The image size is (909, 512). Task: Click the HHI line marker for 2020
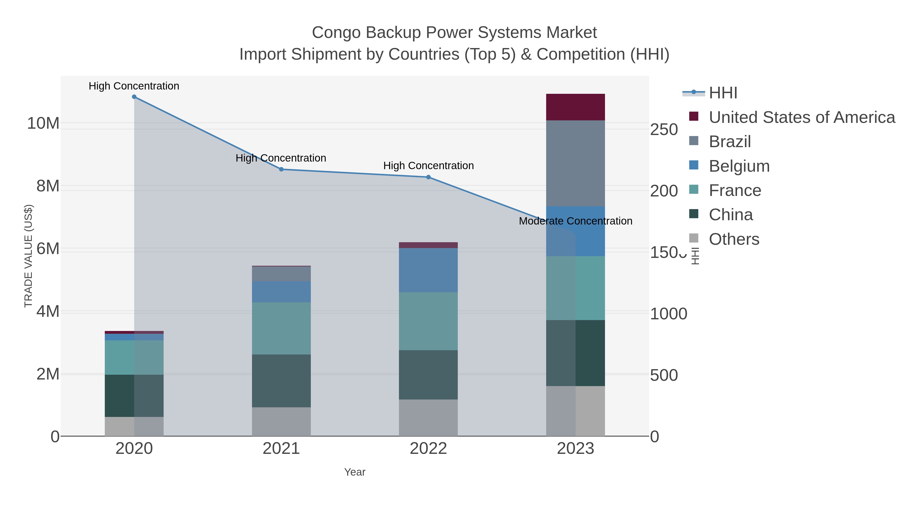pyautogui.click(x=134, y=97)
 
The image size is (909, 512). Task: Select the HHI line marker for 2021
pyautogui.click(x=281, y=169)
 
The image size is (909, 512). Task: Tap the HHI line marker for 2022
pyautogui.click(x=428, y=177)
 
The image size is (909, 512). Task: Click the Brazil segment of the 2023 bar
pyautogui.click(x=575, y=163)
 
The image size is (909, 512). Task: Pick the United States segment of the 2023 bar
pyautogui.click(x=575, y=107)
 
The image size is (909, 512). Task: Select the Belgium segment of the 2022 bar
pyautogui.click(x=428, y=270)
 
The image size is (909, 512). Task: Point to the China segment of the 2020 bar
pyautogui.click(x=134, y=396)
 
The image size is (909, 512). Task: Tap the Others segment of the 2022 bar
pyautogui.click(x=428, y=418)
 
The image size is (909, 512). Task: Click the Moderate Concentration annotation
pyautogui.click(x=575, y=221)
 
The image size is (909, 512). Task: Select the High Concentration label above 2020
pyautogui.click(x=134, y=86)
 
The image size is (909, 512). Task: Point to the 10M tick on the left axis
pyautogui.click(x=43, y=124)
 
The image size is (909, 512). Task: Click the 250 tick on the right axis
pyautogui.click(x=664, y=130)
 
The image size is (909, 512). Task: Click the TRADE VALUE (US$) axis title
pyautogui.click(x=29, y=256)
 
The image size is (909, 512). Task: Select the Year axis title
pyautogui.click(x=355, y=472)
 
